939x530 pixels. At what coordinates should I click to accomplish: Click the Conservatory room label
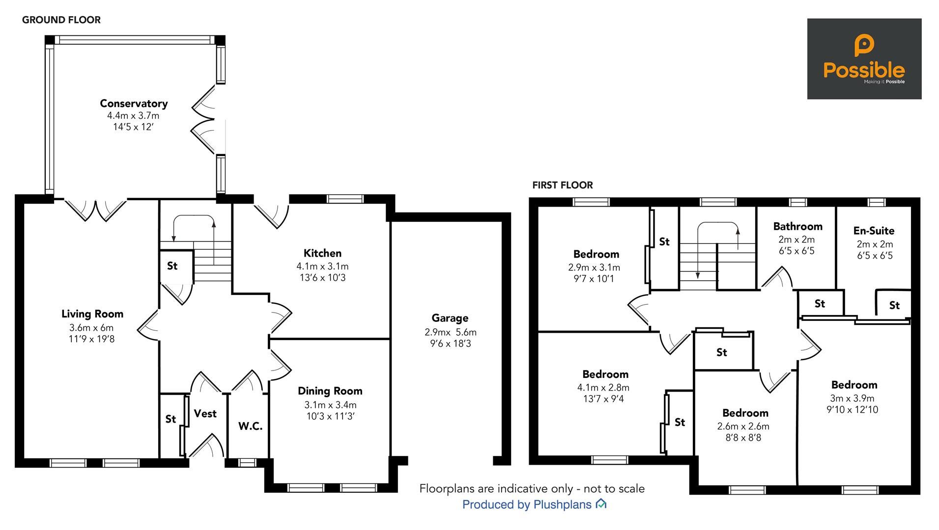tap(134, 104)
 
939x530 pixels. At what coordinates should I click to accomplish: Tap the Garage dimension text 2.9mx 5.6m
tap(450, 332)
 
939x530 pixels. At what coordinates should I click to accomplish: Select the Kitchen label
tap(322, 253)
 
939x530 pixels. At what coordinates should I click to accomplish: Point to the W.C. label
tap(250, 426)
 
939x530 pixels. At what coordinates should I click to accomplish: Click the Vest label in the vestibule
tap(205, 414)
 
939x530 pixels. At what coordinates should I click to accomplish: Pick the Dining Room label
tap(330, 391)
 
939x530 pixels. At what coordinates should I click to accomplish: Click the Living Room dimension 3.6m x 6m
tap(91, 328)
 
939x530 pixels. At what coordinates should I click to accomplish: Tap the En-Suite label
tap(874, 231)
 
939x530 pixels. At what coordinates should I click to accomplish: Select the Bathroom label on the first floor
tap(797, 226)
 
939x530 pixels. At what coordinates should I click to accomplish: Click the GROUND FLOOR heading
tap(61, 20)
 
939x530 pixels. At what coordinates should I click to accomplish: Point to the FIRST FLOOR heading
tap(562, 185)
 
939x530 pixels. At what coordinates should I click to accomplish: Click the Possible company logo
tap(864, 59)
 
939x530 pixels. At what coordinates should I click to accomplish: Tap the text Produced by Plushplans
tap(527, 504)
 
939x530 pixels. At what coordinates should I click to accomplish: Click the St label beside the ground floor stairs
tap(172, 266)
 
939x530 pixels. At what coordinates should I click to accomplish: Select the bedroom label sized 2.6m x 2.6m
tap(745, 413)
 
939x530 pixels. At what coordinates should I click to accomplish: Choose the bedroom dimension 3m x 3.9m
tap(852, 398)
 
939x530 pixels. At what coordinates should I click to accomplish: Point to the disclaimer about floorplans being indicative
tap(532, 489)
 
